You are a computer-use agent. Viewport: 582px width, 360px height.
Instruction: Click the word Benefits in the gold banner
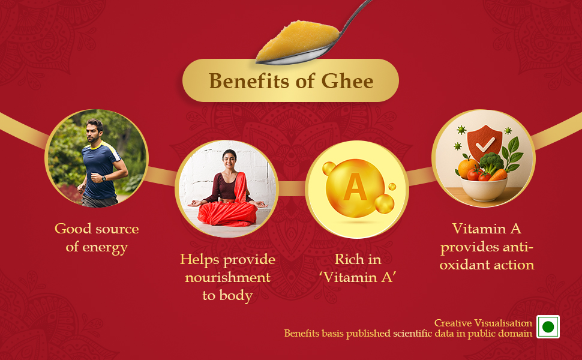(x=247, y=80)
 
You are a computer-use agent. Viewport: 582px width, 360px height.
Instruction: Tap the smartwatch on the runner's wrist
(x=104, y=178)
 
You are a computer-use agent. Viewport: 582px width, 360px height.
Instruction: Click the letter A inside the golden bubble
(x=355, y=188)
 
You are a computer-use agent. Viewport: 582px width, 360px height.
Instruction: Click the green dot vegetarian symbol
(x=547, y=327)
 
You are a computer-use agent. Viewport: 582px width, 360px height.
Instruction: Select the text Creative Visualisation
(x=483, y=323)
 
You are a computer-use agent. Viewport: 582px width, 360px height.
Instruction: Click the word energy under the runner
(x=106, y=247)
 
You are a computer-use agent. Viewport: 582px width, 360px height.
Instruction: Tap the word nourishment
(x=227, y=278)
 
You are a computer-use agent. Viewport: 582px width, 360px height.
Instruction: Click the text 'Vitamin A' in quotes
(x=358, y=278)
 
